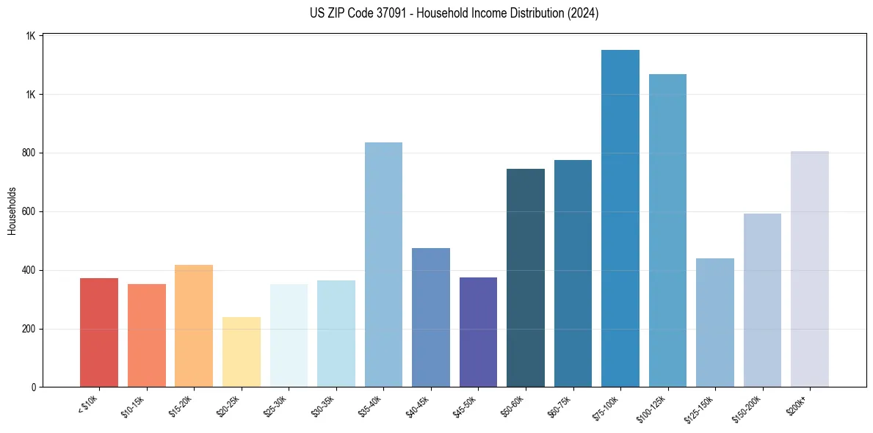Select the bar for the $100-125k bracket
pos(667,230)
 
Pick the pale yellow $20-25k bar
pos(242,352)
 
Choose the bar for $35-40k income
pos(383,264)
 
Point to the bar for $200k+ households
pos(809,269)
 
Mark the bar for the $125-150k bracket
pos(714,322)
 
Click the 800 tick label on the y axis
pos(29,153)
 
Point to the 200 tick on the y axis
pos(29,329)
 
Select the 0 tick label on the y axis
pos(34,387)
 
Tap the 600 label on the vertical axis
pos(29,212)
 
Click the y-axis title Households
pos(12,211)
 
